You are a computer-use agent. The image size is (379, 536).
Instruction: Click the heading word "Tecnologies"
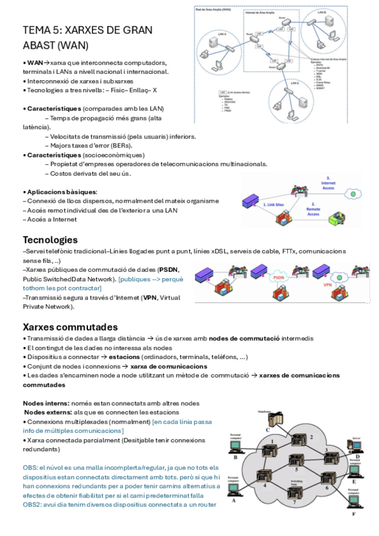50,240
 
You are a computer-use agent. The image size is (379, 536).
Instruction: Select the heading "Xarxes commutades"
70,327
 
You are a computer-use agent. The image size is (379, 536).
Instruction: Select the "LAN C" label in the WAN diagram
295,83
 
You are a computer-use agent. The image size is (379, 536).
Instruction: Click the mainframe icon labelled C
273,419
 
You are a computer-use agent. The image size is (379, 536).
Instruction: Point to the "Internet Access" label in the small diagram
327,183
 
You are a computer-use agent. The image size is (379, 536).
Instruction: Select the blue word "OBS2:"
34,504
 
